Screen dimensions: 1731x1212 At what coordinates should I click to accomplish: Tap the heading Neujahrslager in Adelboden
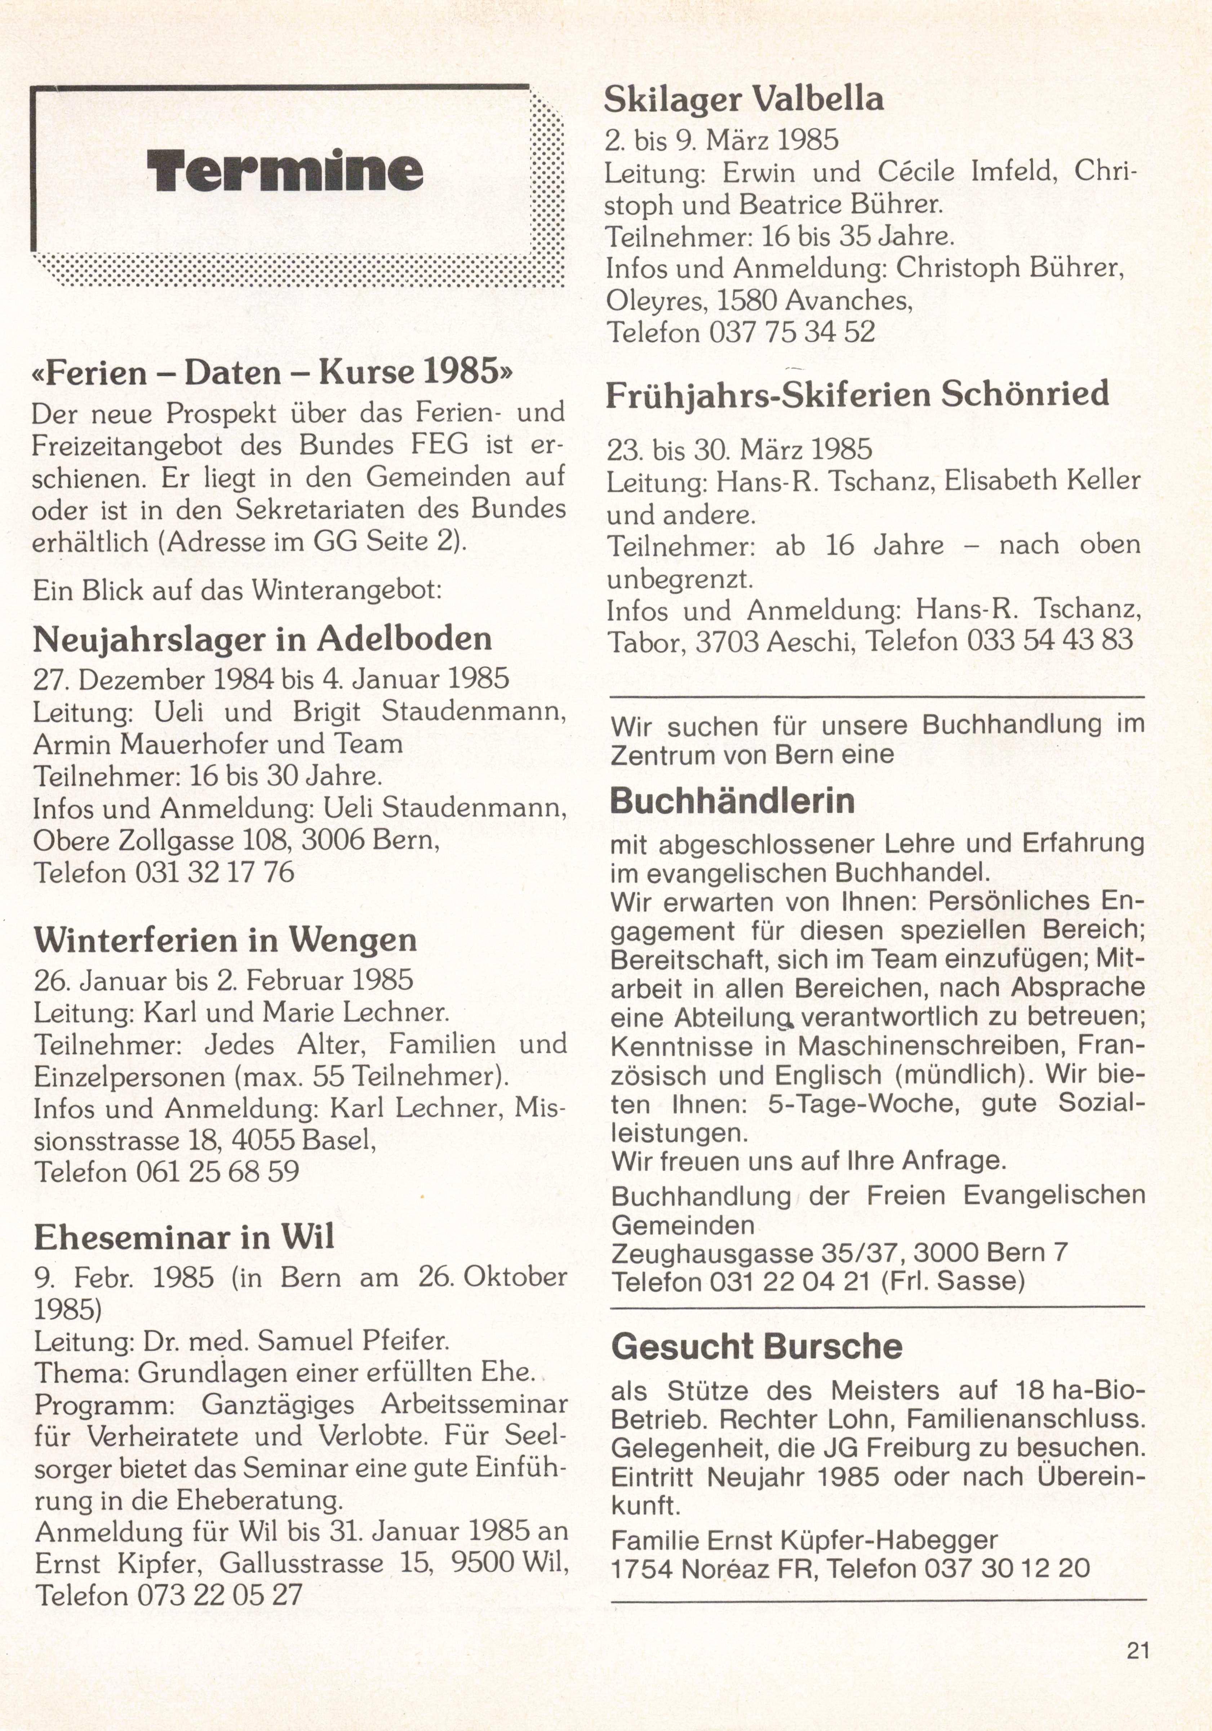[262, 639]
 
